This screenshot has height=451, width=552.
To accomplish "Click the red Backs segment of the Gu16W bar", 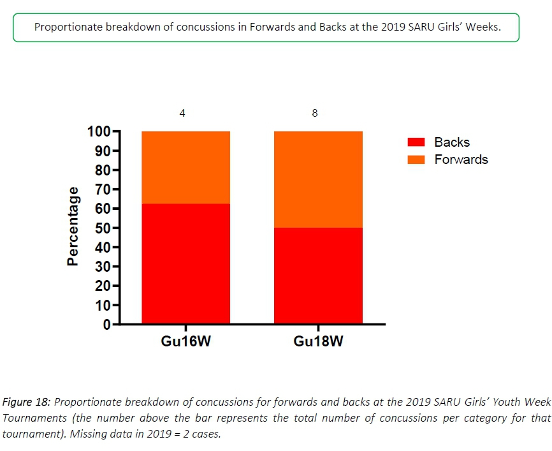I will (185, 263).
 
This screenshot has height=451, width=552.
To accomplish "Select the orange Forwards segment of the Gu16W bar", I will (185, 167).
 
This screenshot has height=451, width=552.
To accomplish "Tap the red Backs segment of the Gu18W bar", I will (318, 276).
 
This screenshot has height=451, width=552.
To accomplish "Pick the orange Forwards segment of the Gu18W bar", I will (318, 179).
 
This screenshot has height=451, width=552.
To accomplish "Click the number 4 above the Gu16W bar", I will (183, 114).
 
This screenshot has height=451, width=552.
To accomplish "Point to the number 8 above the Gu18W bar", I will (315, 114).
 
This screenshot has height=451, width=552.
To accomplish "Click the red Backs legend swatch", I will (416, 142).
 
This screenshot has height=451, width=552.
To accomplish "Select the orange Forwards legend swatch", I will (416, 159).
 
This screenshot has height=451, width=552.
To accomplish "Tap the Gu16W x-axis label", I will (185, 341).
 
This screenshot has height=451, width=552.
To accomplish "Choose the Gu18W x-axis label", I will (318, 341).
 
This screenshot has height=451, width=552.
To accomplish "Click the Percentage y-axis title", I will (73, 226).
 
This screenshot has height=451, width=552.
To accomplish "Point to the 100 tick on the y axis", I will (99, 132).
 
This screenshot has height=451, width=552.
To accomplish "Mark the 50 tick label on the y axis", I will (103, 228).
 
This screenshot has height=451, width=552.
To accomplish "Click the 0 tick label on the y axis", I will (107, 324).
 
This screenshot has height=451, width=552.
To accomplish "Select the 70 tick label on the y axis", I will (103, 189).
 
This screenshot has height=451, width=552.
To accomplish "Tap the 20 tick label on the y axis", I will (103, 286).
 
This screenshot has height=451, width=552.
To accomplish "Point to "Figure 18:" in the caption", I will (27, 402).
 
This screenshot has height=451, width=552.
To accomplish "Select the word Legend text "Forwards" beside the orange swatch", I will (461, 159).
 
